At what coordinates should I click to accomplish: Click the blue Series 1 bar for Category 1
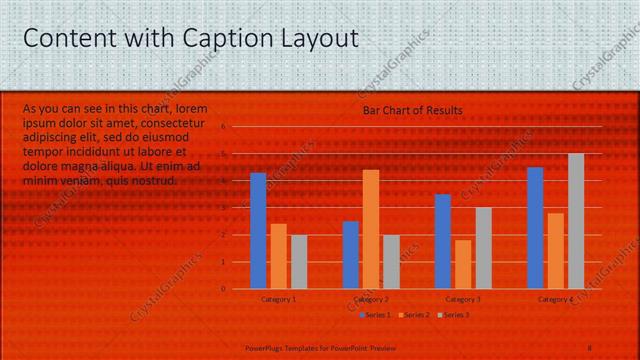258,231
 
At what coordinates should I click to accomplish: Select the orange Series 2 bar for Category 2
371,229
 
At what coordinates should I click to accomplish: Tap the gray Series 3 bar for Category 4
576,221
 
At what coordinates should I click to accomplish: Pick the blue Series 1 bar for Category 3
443,241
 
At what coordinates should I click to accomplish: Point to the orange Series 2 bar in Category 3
463,264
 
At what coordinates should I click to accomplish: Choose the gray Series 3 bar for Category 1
299,261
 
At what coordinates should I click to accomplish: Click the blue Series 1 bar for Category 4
535,228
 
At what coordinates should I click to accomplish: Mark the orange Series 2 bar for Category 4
555,250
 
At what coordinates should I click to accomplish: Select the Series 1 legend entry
375,315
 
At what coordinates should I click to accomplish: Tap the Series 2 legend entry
416,315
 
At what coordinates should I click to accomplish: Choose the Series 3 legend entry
454,315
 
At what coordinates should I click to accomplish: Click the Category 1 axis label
278,299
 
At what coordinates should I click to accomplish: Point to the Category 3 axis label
463,299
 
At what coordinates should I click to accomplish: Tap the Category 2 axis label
370,299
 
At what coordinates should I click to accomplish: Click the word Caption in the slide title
220,39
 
